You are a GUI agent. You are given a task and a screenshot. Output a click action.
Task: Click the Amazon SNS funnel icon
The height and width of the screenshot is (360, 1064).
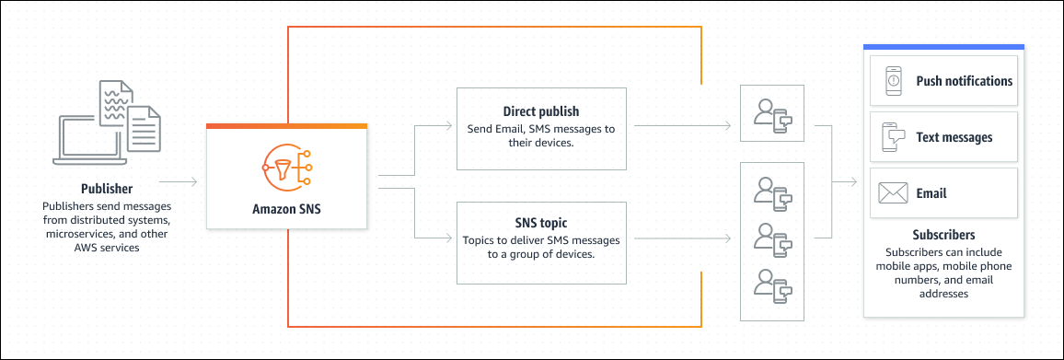click(x=286, y=166)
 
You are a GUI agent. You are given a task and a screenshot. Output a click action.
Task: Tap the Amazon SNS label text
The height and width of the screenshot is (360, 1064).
click(x=286, y=208)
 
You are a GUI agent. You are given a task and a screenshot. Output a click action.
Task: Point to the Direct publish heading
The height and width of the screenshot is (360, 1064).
click(x=541, y=111)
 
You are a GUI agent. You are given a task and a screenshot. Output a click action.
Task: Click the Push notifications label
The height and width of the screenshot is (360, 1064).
click(x=964, y=81)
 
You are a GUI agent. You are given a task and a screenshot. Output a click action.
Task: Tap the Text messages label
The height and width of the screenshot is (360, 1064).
click(x=954, y=137)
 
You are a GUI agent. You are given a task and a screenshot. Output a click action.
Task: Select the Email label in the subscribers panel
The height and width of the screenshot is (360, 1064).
click(x=931, y=193)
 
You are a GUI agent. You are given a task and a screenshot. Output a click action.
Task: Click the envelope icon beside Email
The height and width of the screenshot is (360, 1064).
click(x=893, y=193)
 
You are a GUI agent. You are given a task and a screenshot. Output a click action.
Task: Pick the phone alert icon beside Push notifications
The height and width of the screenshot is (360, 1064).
click(x=893, y=81)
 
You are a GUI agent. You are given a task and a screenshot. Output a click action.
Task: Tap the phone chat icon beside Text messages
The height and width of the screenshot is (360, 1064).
click(x=893, y=137)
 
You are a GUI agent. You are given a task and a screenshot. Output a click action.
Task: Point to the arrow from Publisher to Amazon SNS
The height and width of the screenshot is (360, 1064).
click(x=178, y=181)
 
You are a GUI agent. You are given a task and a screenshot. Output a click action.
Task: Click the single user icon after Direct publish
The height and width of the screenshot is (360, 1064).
click(x=772, y=113)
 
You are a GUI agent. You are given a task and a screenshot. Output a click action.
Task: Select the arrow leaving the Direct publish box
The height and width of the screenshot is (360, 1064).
click(x=681, y=125)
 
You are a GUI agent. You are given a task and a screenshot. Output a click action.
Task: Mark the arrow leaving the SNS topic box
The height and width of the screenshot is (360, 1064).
click(x=681, y=238)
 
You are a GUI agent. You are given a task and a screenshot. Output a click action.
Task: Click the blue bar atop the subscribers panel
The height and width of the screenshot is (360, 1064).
click(x=943, y=47)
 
